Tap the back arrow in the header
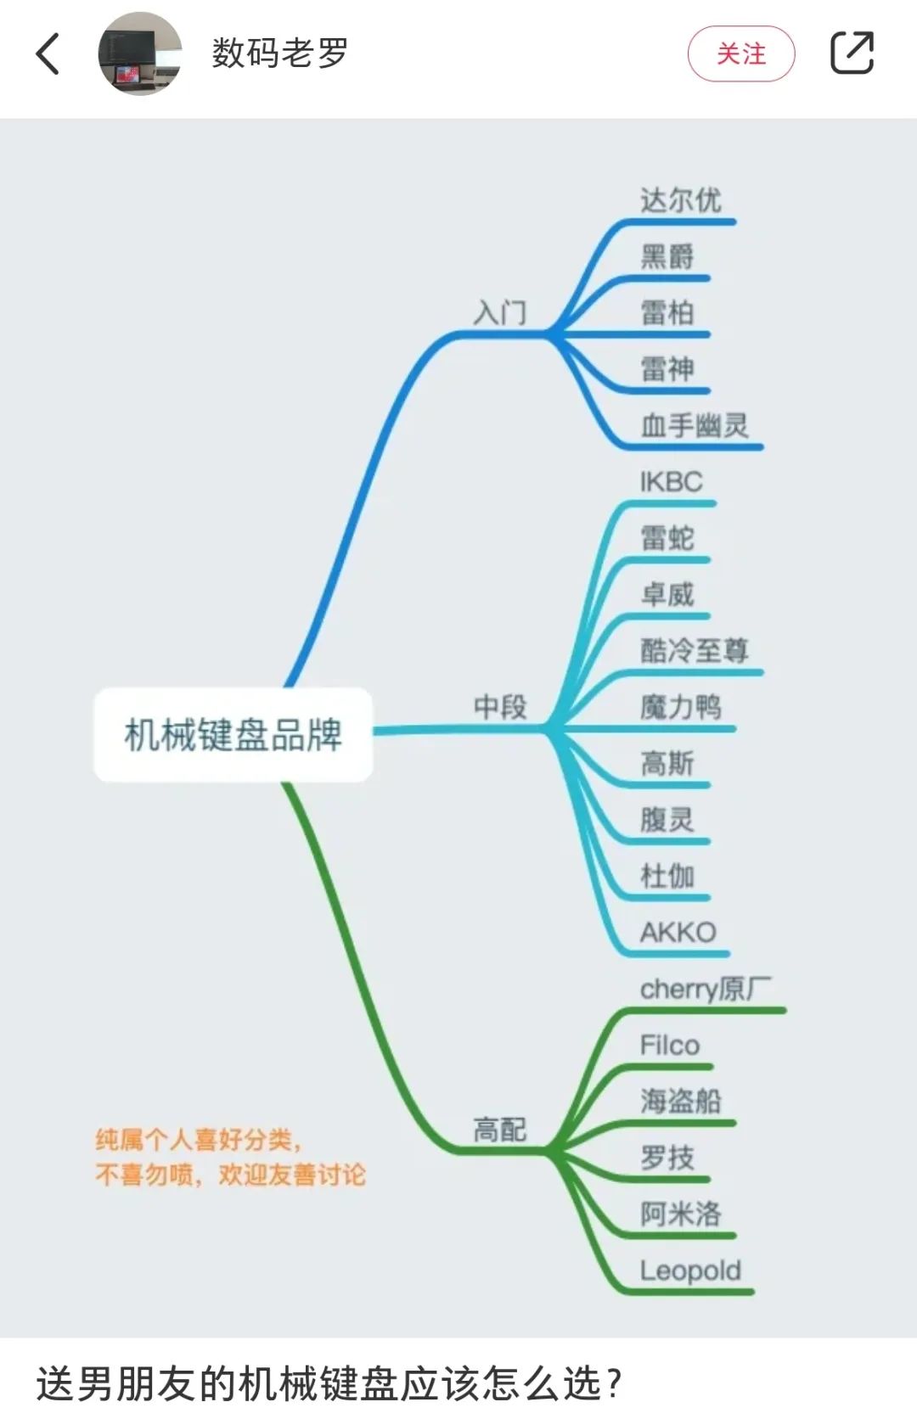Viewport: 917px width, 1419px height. coord(48,53)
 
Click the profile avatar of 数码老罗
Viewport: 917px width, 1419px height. coord(140,53)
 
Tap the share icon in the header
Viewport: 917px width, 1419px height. coord(852,53)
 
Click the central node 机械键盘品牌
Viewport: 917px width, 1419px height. coord(233,734)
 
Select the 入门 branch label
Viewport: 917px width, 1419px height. coord(500,313)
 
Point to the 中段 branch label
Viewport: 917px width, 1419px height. coord(500,706)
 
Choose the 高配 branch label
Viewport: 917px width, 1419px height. coord(500,1130)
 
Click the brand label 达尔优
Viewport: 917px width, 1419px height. coord(681,200)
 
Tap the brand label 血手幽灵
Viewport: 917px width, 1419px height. coord(695,425)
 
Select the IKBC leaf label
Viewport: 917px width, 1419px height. coord(672,482)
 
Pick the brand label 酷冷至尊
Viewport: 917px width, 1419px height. coord(695,651)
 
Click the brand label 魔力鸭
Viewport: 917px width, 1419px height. coord(681,707)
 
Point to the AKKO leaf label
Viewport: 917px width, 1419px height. coord(678,933)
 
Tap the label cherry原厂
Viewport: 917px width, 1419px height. coord(706,989)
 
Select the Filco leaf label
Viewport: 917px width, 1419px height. coord(670,1046)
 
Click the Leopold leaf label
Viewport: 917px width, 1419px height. coord(690,1270)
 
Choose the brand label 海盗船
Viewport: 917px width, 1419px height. coord(681,1101)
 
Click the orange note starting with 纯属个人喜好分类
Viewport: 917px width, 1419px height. coord(231,1158)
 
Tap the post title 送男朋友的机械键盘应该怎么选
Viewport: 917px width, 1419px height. coord(329,1383)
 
